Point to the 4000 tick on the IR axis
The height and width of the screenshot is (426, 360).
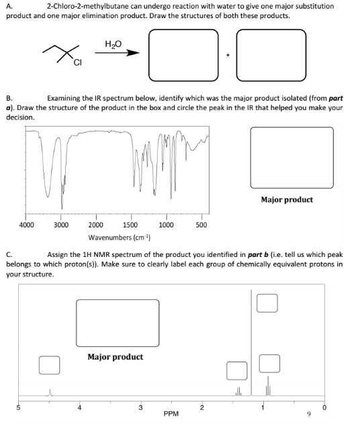pos(27,225)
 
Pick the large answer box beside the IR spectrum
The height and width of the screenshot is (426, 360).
pos(291,158)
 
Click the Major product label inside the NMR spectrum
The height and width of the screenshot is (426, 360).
pos(116,356)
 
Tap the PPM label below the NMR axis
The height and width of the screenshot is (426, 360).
pos(171,414)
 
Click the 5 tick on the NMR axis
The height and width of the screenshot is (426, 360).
pos(18,406)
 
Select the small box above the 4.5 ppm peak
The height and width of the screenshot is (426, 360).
pos(48,365)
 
